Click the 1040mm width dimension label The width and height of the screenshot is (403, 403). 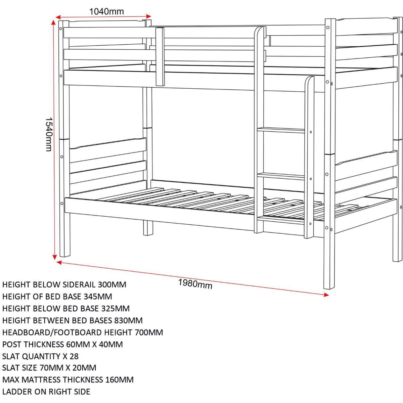coord(106,11)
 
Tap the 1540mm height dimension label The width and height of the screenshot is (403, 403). coord(49,134)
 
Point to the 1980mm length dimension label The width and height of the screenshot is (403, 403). coord(195,284)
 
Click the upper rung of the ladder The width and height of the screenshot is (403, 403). coord(280,129)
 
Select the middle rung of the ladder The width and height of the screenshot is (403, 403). coord(280,175)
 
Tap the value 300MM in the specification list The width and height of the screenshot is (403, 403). coord(112,285)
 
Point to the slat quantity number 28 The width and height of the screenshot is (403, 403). coord(74,356)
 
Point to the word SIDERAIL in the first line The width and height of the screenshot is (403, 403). coord(79,285)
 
